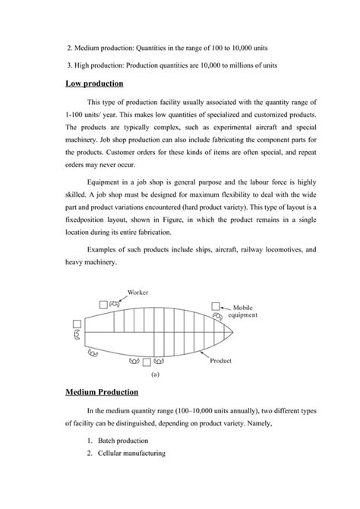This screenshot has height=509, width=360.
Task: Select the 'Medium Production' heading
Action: [x=102, y=392]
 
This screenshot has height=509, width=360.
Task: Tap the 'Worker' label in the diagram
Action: [x=137, y=292]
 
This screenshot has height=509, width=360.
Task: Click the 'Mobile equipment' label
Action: [x=251, y=310]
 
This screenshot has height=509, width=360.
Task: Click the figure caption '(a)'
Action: [x=154, y=374]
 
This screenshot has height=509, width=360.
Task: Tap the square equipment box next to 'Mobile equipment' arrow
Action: [x=216, y=306]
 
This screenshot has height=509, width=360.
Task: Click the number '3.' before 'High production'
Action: [x=70, y=65]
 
